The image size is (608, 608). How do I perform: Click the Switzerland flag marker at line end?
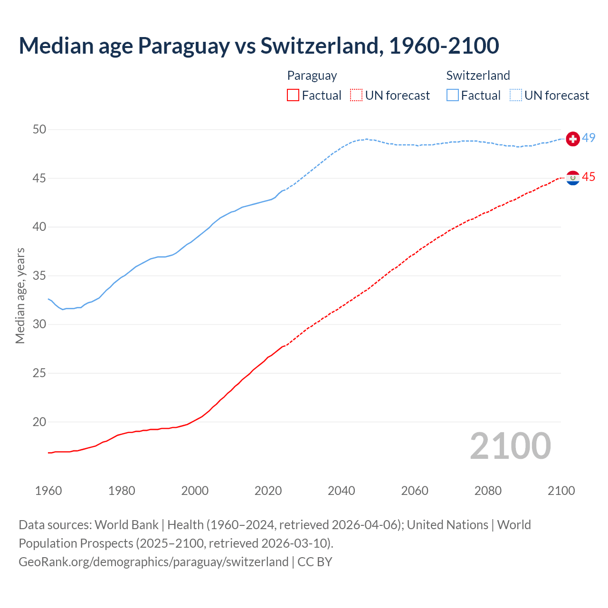[573, 139]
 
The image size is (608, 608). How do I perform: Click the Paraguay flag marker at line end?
[573, 178]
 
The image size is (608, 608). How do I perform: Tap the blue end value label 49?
[589, 138]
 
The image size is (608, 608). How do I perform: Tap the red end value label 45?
[589, 177]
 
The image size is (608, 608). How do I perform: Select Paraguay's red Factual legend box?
[293, 95]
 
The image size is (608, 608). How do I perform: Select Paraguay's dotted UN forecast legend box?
[356, 95]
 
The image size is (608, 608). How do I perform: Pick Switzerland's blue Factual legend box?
[453, 95]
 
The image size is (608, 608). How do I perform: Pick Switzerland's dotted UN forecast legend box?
[516, 95]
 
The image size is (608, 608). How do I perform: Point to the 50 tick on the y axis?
[39, 129]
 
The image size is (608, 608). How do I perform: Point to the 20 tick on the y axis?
[39, 422]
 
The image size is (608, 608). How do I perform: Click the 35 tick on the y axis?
[39, 275]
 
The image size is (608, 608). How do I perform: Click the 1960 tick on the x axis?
[48, 491]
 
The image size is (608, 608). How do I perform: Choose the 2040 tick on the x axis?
[342, 491]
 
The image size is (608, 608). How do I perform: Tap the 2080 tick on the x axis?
[488, 491]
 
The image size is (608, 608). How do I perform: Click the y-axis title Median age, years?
[20, 295]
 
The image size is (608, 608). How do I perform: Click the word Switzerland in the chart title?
[321, 46]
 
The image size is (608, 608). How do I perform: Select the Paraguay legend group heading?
[312, 76]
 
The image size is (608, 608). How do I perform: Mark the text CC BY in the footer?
[315, 561]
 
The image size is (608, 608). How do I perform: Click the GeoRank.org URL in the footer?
[153, 561]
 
